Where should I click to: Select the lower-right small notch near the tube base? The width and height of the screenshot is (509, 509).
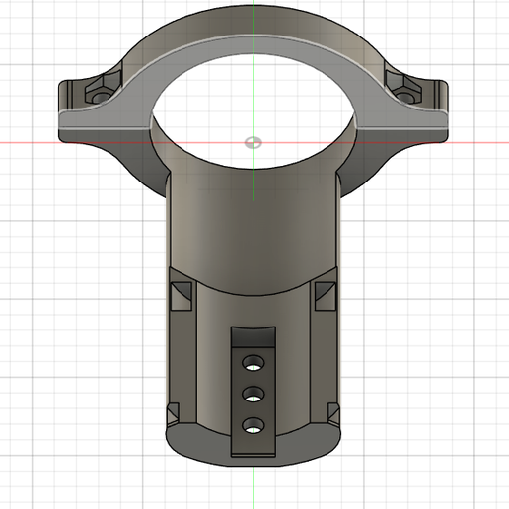[329, 409]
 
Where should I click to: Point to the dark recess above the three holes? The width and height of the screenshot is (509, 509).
[254, 337]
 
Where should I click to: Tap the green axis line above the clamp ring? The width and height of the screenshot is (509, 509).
[254, 10]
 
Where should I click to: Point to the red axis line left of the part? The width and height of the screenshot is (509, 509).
[30, 141]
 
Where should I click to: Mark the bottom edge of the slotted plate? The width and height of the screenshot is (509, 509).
[254, 455]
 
